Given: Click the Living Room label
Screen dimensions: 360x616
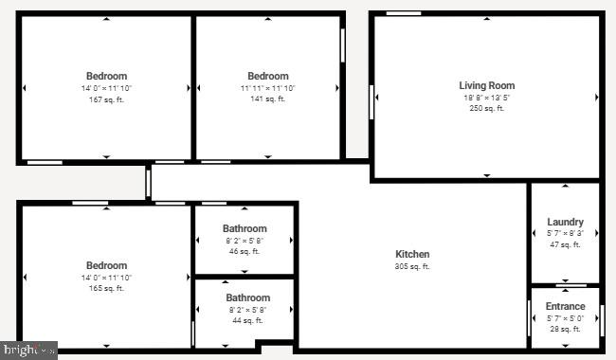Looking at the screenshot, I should pos(487,85).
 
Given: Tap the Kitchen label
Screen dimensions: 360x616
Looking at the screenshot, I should pos(412,254).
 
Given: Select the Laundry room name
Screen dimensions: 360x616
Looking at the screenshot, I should pos(565,222).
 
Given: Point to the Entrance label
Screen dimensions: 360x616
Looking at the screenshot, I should pos(565,306).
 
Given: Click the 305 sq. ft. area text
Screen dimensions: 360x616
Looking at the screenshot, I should pos(412,266).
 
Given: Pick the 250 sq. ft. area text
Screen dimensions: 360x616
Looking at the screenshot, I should pos(487,108).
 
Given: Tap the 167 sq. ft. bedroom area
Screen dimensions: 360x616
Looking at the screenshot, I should pos(107,99).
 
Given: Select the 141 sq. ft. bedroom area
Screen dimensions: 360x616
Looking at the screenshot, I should pos(268,99).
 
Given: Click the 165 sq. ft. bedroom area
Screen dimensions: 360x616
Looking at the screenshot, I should pos(107,288).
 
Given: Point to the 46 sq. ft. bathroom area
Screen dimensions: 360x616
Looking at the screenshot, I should pos(245,251).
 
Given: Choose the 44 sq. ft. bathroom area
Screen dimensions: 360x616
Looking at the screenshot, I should pos(247,321).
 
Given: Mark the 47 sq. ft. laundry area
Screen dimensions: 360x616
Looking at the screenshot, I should pos(565,244).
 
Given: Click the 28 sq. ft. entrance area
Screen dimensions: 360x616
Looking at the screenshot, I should pos(565,329).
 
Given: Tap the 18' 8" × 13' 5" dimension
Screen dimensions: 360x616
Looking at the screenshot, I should pos(487,97).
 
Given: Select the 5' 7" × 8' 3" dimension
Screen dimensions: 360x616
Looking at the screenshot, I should pos(565,233).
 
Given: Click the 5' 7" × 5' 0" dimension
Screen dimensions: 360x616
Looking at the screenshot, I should pos(565,317).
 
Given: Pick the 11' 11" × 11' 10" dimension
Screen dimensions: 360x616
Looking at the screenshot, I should pos(268,88).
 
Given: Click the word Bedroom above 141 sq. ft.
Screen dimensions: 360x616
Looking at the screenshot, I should pos(268,76).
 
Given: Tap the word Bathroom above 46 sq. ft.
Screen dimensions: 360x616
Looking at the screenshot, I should pos(245,228).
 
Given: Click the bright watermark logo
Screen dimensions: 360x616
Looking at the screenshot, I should pos(28,351).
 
